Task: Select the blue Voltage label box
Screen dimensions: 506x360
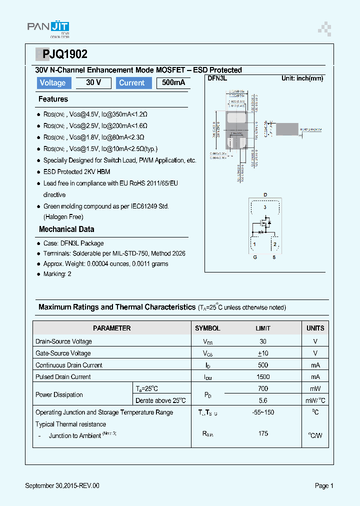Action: tap(53, 83)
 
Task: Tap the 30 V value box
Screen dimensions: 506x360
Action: tap(93, 83)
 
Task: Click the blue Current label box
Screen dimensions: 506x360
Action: tap(132, 83)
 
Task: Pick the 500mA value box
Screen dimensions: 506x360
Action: tap(173, 83)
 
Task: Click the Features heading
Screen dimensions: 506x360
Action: tap(53, 99)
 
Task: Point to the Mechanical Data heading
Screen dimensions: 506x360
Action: tap(66, 229)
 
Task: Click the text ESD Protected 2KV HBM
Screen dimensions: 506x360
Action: tap(76, 171)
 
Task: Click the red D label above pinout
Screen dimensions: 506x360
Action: tap(265, 194)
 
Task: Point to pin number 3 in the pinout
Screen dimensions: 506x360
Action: tap(265, 207)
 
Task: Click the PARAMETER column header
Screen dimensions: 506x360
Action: tap(112, 328)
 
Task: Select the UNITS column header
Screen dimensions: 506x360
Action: tap(315, 328)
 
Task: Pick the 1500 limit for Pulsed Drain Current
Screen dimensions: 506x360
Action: tap(263, 377)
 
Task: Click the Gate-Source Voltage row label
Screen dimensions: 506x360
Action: tap(63, 353)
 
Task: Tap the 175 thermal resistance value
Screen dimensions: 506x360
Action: tap(263, 433)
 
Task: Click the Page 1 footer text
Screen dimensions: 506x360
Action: tap(324, 485)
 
